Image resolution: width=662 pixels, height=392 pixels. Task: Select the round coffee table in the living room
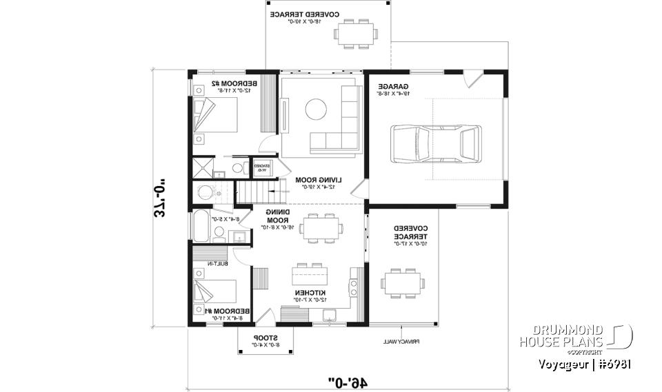point(317,109)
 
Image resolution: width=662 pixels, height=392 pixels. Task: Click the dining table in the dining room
point(319,227)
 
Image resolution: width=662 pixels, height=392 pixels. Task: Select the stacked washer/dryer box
point(262,167)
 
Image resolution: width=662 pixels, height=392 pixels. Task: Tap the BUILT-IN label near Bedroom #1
point(217,264)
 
